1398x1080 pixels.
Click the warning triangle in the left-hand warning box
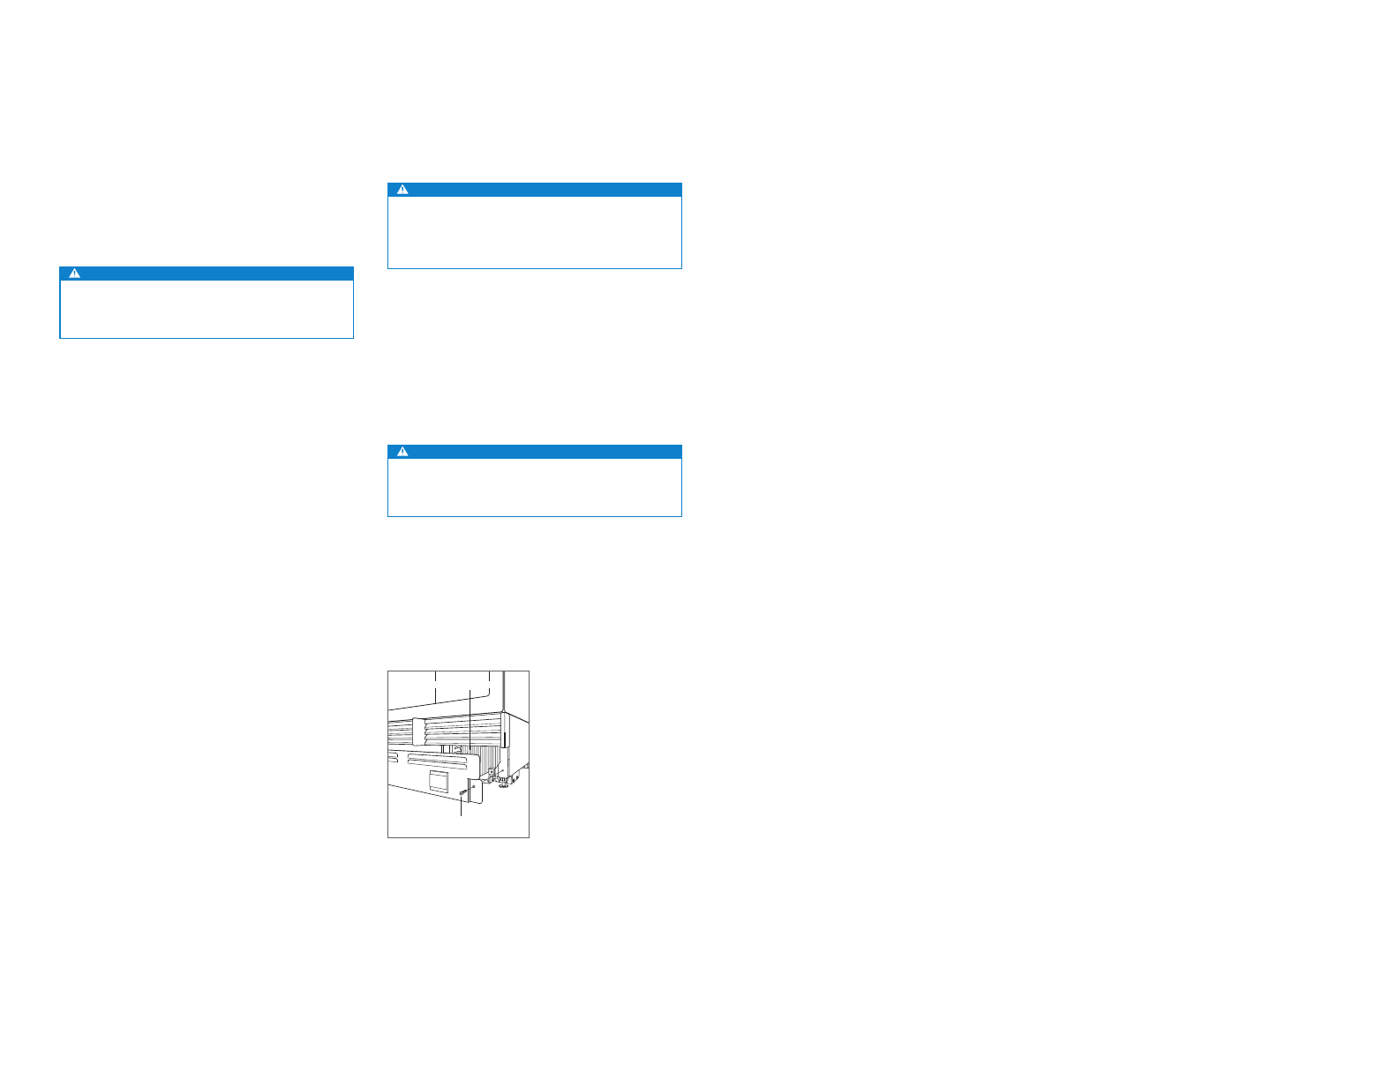[75, 274]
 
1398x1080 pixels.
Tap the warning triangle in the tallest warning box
[402, 190]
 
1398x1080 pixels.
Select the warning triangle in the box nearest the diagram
[402, 452]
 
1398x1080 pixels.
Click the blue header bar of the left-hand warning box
[207, 274]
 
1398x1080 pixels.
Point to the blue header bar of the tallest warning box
[535, 190]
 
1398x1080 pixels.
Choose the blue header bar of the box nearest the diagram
[535, 452]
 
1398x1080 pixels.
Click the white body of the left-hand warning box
[207, 309]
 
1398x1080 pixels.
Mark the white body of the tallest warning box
[535, 232]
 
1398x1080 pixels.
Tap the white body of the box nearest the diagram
[535, 487]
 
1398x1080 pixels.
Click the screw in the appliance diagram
[462, 793]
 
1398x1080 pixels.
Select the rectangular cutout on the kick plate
[439, 779]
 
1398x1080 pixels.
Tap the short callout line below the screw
[461, 807]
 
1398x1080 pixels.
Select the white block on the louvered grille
[419, 731]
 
